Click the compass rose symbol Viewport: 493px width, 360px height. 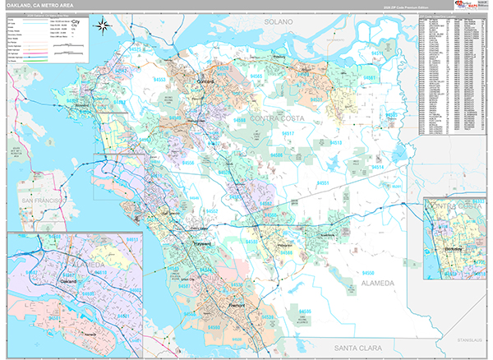coord(104,26)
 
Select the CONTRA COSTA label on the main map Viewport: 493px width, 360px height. coord(277,119)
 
